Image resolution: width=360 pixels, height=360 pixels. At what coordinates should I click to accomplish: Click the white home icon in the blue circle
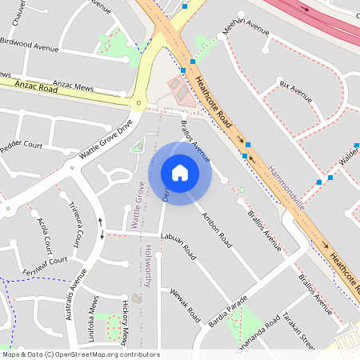pyautogui.click(x=180, y=173)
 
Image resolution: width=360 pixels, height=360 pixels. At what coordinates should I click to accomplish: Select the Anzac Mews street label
pyautogui.click(x=73, y=84)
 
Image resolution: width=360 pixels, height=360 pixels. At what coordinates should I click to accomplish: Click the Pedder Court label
pyautogui.click(x=22, y=146)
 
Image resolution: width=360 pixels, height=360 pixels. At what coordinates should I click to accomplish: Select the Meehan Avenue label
pyautogui.click(x=246, y=28)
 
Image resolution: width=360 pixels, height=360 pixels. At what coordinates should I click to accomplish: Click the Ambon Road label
pyautogui.click(x=216, y=229)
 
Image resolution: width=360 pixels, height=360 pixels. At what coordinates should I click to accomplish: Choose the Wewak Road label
pyautogui.click(x=184, y=306)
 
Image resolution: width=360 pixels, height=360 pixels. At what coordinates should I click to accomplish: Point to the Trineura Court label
pyautogui.click(x=76, y=223)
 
